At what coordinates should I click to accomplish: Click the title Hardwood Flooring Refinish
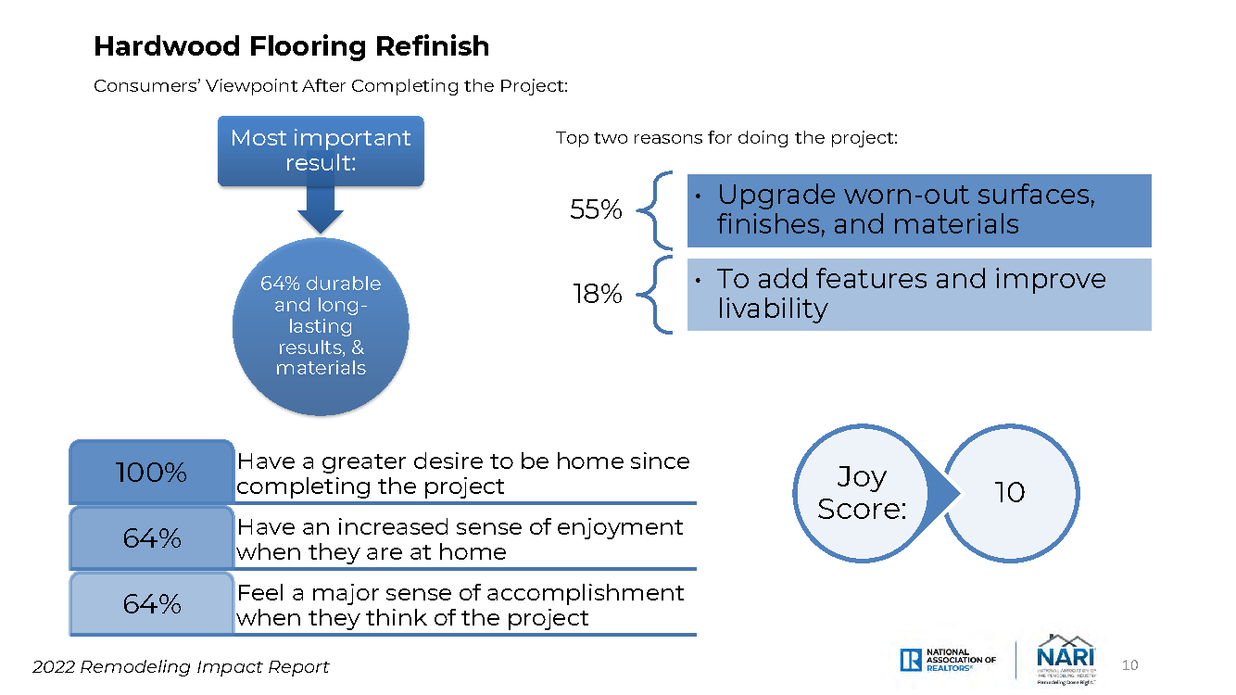(291, 46)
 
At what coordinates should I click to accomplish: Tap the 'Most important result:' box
(321, 151)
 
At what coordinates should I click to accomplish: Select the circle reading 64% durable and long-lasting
(321, 326)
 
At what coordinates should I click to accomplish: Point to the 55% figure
(596, 209)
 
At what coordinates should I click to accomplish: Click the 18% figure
(598, 294)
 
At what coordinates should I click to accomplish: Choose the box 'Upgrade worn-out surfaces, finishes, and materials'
(919, 211)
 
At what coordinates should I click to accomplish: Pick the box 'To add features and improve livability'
(919, 295)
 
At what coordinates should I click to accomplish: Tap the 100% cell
(152, 472)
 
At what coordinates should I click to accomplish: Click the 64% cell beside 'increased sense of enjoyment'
(152, 537)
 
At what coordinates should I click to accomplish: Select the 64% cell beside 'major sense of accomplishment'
(152, 603)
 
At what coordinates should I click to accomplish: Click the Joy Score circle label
(861, 493)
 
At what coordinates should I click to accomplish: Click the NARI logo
(1066, 660)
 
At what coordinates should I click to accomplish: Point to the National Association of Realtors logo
(948, 660)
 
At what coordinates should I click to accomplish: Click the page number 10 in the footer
(1129, 665)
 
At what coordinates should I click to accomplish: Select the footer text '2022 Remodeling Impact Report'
(181, 667)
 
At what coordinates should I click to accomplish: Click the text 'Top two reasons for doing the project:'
(726, 138)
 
